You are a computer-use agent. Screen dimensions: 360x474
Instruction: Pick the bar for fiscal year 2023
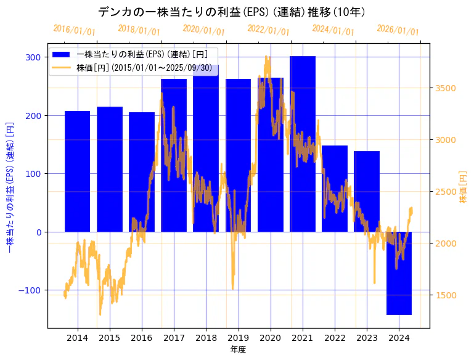[367, 191]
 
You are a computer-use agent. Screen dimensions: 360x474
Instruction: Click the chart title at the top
[232, 12]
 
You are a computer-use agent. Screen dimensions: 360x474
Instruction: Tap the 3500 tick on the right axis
[445, 88]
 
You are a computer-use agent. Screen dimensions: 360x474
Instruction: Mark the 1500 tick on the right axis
[445, 295]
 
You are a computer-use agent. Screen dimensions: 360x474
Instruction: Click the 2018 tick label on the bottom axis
[206, 338]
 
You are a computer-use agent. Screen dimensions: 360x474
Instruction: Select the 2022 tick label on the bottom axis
[335, 338]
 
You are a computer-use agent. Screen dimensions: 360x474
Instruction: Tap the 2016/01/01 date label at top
[75, 30]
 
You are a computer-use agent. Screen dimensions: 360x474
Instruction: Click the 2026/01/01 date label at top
[398, 30]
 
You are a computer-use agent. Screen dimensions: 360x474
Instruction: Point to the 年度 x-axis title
[238, 350]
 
